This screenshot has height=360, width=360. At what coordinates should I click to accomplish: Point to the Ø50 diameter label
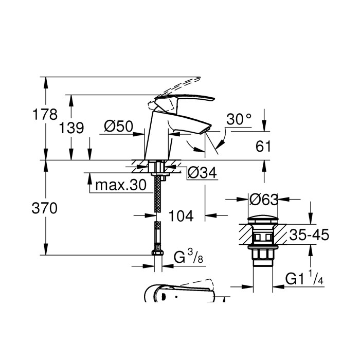pos(118,127)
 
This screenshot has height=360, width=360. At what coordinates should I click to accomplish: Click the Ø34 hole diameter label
pos(201,174)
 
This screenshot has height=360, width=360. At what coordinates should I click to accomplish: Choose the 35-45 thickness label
pos(308,236)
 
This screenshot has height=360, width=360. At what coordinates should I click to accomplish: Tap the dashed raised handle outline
pos(180,85)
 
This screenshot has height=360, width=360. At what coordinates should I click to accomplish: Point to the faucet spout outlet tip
pos(208,129)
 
